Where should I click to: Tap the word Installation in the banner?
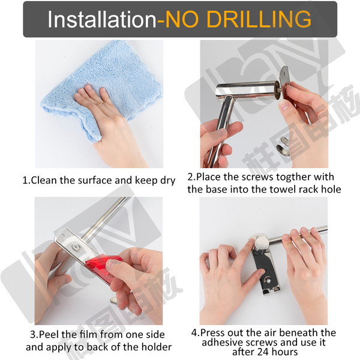[102, 19]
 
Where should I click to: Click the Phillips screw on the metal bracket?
[76, 247]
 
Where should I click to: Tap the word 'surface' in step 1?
[95, 181]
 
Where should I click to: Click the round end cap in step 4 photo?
[262, 242]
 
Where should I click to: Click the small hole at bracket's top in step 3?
[62, 236]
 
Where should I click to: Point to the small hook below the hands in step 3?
[114, 300]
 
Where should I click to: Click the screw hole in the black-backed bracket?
[267, 280]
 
